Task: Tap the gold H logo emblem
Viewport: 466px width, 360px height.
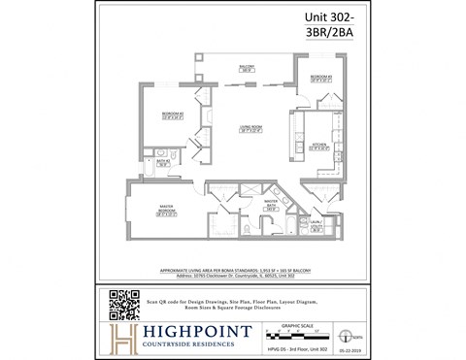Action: pos(121,338)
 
